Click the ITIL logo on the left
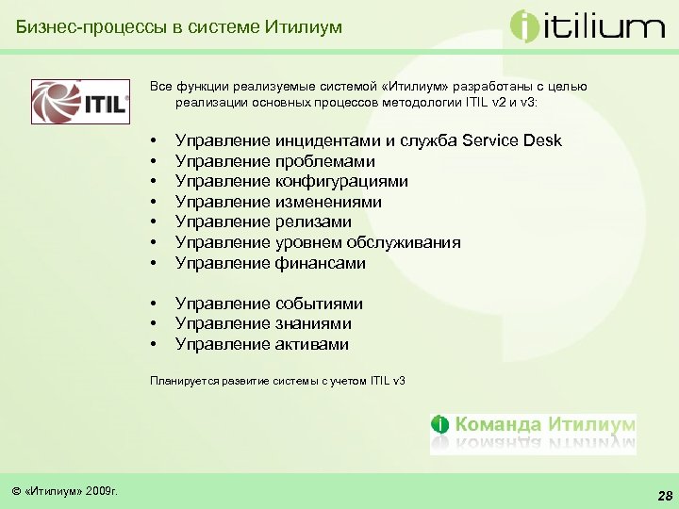click(x=80, y=102)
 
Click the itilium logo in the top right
click(x=587, y=25)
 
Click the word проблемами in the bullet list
click(x=325, y=161)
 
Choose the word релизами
click(x=313, y=222)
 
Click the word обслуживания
click(x=407, y=242)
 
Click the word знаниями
click(x=315, y=324)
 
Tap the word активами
click(x=312, y=344)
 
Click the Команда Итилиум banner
click(x=533, y=433)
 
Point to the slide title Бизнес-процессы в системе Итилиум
click(x=179, y=27)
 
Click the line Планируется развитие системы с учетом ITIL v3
click(x=277, y=381)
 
